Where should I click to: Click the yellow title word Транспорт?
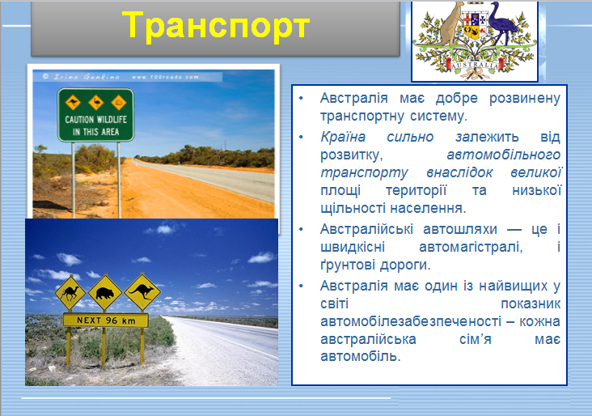coord(216,26)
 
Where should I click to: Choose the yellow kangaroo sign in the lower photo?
coord(142,291)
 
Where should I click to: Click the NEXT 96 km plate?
coord(105,320)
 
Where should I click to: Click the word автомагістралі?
coord(452,247)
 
